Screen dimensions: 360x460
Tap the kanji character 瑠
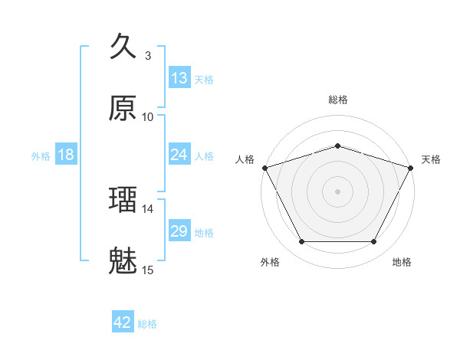point(123,200)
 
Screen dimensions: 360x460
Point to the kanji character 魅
point(123,261)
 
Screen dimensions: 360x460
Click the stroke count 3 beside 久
point(148,55)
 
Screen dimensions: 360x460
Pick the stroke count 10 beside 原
point(148,116)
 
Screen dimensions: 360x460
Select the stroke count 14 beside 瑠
point(148,208)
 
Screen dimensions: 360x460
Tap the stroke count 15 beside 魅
point(148,270)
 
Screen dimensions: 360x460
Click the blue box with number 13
point(179,78)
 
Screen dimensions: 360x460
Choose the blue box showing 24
point(179,155)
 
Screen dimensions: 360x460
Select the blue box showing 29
point(179,231)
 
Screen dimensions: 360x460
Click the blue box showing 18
point(66,155)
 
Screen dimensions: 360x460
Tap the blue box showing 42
point(123,322)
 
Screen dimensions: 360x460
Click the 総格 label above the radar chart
point(338,100)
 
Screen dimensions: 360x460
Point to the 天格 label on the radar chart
point(431,159)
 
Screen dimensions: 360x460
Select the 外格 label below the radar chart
point(270,262)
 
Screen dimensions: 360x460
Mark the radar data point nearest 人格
point(264,167)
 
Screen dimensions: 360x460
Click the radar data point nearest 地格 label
point(374,242)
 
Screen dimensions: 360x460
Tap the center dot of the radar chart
point(338,191)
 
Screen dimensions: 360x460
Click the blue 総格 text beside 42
point(148,324)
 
